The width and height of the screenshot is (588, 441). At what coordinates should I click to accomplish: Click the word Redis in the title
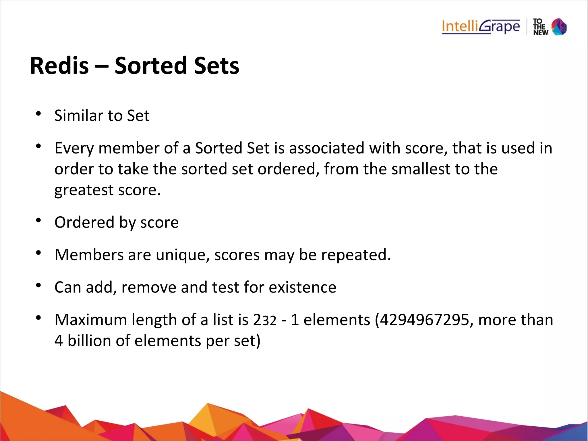point(59,66)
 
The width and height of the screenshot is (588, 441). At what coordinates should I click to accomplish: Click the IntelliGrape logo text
point(481,27)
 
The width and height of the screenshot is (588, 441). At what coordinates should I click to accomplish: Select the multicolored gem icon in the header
point(559,27)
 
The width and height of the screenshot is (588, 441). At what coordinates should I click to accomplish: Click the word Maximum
point(91,320)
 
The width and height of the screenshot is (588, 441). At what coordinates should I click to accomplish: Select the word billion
point(89,341)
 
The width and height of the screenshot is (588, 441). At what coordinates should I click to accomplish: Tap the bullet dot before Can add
point(38,286)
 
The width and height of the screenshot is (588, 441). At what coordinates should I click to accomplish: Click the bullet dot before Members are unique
point(38,253)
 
